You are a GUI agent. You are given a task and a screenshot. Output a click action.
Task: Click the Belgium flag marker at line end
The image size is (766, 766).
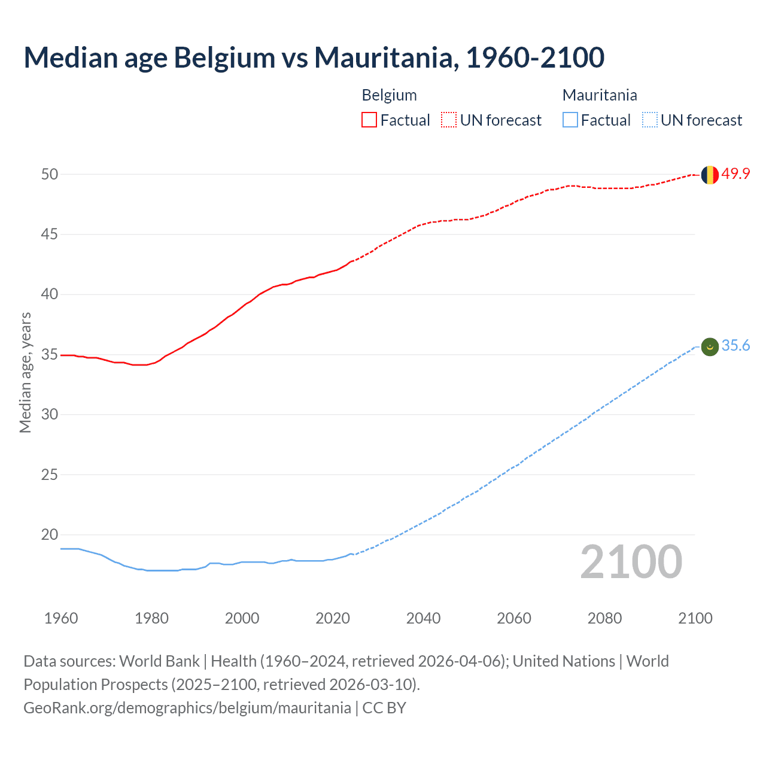point(709,175)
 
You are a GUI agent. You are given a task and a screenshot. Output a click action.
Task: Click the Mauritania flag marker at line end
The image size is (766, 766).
point(709,346)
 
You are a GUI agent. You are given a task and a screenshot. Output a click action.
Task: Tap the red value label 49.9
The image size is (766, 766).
point(735,174)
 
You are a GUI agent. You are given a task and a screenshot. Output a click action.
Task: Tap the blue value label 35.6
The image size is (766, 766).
point(735,346)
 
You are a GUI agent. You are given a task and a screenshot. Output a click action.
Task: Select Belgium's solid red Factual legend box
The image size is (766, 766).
point(369,120)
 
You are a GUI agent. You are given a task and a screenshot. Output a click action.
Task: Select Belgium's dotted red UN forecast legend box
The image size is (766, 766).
point(449,120)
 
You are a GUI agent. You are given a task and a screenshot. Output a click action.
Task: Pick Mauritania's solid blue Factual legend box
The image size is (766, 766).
point(570,120)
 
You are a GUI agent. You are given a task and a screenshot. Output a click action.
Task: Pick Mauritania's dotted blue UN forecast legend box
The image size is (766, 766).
point(649,120)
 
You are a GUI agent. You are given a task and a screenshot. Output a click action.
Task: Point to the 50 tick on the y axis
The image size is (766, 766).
point(50,174)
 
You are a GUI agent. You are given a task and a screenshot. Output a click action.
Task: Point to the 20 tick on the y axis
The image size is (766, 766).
point(50,534)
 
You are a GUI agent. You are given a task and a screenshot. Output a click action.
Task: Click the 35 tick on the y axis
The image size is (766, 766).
point(50,354)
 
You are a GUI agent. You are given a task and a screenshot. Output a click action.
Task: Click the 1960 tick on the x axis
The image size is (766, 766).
point(61,618)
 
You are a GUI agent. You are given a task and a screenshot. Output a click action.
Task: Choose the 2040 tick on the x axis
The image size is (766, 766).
point(423,618)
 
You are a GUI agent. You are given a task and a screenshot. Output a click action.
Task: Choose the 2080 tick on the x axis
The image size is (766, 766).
point(604,618)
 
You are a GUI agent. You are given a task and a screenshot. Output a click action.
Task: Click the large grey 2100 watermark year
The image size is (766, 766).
point(631,562)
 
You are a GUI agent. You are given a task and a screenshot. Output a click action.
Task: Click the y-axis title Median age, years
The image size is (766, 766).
point(25,372)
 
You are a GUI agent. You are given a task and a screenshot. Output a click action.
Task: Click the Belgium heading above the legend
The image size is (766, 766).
point(389,95)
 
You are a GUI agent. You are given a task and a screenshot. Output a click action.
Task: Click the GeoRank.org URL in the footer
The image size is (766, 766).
point(187,708)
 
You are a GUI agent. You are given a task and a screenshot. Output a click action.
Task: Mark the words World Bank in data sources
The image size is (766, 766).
point(159,661)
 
